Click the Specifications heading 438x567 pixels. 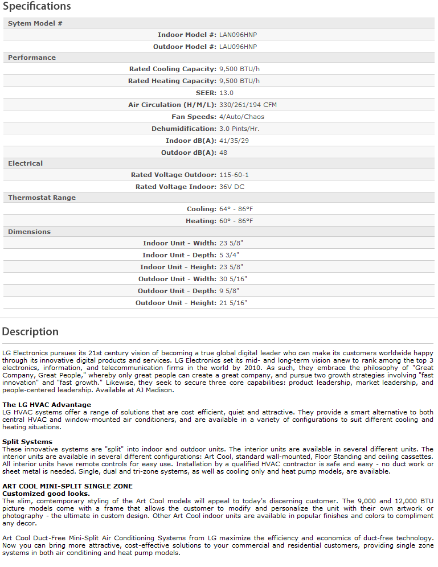click(x=37, y=7)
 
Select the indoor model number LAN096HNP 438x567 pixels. click(x=238, y=35)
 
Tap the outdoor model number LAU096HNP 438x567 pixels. click(x=238, y=47)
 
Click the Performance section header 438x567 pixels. click(x=32, y=57)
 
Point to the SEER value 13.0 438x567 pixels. click(x=226, y=93)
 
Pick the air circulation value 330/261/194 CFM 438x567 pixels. click(x=248, y=105)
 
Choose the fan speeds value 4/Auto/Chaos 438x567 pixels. click(x=241, y=117)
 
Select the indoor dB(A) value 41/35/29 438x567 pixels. click(x=234, y=141)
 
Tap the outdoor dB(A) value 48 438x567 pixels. click(x=223, y=153)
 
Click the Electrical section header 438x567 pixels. click(x=26, y=163)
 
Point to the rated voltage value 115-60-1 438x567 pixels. click(x=234, y=175)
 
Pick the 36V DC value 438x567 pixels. click(x=232, y=187)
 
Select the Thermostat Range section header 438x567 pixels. click(x=42, y=198)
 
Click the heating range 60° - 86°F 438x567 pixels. click(x=236, y=221)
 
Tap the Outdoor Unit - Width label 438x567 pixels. click(x=177, y=279)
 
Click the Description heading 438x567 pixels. click(x=30, y=331)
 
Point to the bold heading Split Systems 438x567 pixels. click(x=27, y=442)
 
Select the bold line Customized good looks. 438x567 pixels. click(x=46, y=493)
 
